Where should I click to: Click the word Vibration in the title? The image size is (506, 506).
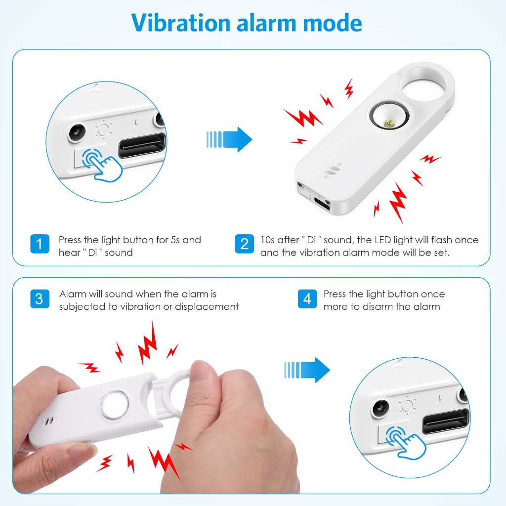181,23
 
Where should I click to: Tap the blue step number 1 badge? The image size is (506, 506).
40,244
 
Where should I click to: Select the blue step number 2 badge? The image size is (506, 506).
244,244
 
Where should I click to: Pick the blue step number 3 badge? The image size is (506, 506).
40,299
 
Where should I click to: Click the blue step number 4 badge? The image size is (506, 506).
307,299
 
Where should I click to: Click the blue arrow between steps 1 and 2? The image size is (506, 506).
229,139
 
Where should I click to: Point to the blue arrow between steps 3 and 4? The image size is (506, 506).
307,370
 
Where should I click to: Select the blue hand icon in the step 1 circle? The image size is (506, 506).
102,164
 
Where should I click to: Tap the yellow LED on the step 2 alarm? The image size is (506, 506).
389,123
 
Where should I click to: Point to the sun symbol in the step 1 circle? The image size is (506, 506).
104,130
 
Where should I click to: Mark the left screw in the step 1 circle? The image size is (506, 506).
77,132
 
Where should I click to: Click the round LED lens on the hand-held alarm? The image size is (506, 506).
115,405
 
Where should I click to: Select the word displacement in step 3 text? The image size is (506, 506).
207,306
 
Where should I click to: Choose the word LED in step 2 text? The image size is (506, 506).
382,240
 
